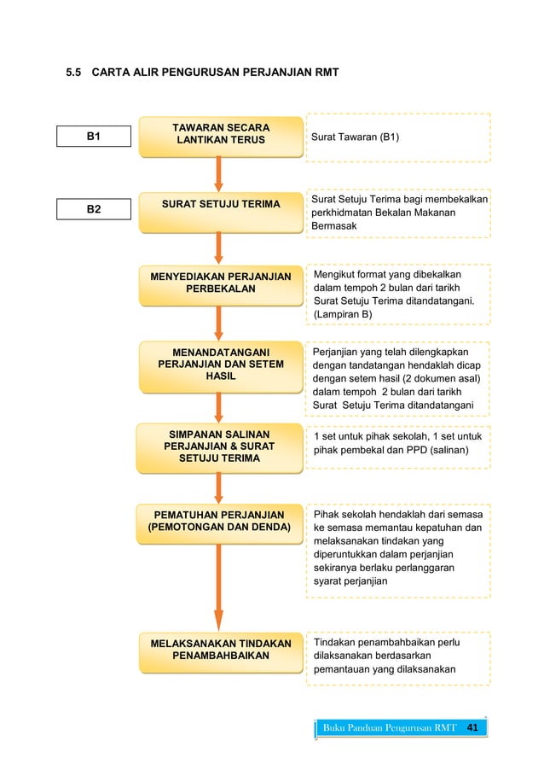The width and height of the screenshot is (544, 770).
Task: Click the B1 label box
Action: [94, 136]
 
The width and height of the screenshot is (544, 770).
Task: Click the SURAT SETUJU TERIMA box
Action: [221, 204]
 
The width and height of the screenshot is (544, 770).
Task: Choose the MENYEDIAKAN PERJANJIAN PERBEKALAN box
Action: [221, 283]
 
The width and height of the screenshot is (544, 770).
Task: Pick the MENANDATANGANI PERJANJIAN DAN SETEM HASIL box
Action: [221, 365]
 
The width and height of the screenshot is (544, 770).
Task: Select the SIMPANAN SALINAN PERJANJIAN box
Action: [221, 446]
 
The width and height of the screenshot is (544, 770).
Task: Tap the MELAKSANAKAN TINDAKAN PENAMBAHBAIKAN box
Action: [221, 650]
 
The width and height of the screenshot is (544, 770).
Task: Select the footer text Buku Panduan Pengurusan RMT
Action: [390, 728]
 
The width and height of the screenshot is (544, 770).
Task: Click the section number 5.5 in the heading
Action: [75, 73]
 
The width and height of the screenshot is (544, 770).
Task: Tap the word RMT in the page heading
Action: [327, 73]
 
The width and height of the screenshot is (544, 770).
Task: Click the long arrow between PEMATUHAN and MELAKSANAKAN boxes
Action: [219, 588]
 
